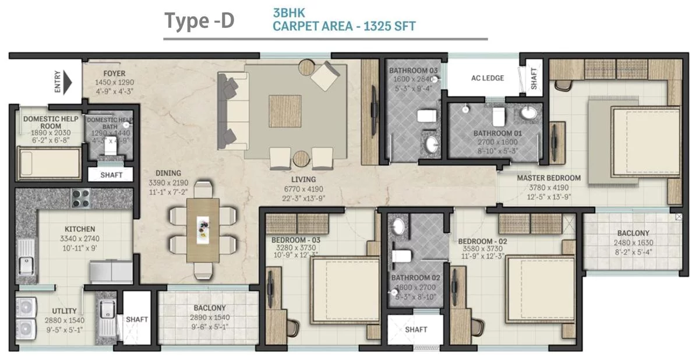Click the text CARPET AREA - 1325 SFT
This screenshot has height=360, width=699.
pyautogui.click(x=344, y=26)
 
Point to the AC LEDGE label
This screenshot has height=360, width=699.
pyautogui.click(x=488, y=78)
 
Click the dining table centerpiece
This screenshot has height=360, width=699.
pyautogui.click(x=203, y=224)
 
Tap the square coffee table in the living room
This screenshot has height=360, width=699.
pyautogui.click(x=285, y=111)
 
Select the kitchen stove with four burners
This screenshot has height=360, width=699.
pyautogui.click(x=80, y=198)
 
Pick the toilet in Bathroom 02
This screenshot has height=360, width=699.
pyautogui.click(x=403, y=256)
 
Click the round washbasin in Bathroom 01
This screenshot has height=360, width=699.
pyautogui.click(x=529, y=113)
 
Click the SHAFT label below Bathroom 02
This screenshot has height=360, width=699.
pyautogui.click(x=416, y=330)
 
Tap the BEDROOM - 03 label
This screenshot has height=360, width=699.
pyautogui.click(x=296, y=240)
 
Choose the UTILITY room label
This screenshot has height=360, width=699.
pyautogui.click(x=64, y=312)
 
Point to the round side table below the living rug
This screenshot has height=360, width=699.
pyautogui.click(x=301, y=158)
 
